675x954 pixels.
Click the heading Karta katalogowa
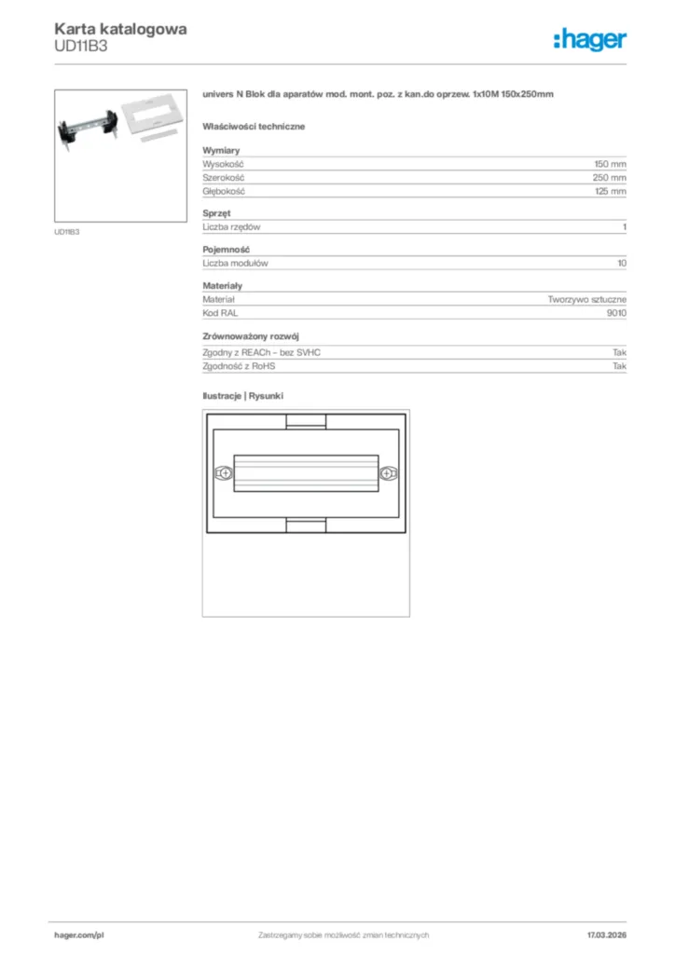click(120, 29)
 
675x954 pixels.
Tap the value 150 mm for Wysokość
click(610, 164)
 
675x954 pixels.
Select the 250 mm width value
click(610, 177)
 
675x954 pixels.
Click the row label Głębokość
click(224, 191)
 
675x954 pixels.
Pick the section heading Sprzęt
click(216, 213)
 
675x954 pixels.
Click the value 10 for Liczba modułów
click(621, 264)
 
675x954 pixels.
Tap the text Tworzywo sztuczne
click(586, 300)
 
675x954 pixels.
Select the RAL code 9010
click(615, 314)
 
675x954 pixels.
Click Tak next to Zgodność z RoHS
click(619, 367)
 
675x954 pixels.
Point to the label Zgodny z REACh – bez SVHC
click(268, 353)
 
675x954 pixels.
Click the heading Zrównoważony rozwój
click(251, 335)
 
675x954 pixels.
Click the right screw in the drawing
click(387, 473)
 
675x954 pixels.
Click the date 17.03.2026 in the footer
click(606, 934)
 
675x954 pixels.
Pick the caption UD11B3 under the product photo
click(67, 232)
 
